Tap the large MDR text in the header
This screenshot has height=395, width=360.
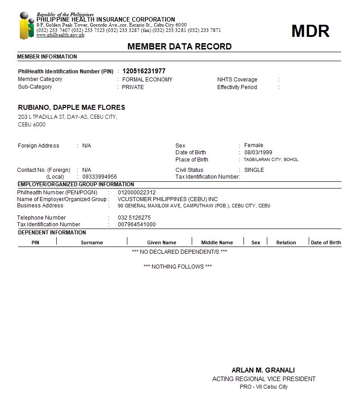[x=310, y=31]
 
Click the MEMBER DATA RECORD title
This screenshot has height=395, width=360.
[x=180, y=46]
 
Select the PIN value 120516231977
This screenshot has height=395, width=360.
[x=144, y=71]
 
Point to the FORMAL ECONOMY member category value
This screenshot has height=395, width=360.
[x=147, y=80]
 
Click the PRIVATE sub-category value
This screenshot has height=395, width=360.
[x=133, y=87]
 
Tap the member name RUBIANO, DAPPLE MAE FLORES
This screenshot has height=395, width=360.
[x=72, y=108]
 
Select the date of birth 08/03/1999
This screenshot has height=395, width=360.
[x=258, y=153]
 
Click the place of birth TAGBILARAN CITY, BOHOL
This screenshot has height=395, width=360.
[x=271, y=160]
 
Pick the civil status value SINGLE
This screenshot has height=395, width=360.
[x=254, y=170]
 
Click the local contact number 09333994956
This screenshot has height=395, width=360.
[x=99, y=177]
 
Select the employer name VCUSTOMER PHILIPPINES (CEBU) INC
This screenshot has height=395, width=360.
[x=168, y=199]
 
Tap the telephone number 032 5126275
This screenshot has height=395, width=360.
[x=134, y=218]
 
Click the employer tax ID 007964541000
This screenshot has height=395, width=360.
[x=137, y=224]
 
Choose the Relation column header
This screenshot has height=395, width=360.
[x=286, y=242]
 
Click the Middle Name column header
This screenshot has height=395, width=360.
[x=217, y=242]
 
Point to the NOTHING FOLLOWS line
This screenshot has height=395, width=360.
[x=177, y=267]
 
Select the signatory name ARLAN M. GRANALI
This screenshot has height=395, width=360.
[x=263, y=370]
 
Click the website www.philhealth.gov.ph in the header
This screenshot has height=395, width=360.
[x=60, y=35]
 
